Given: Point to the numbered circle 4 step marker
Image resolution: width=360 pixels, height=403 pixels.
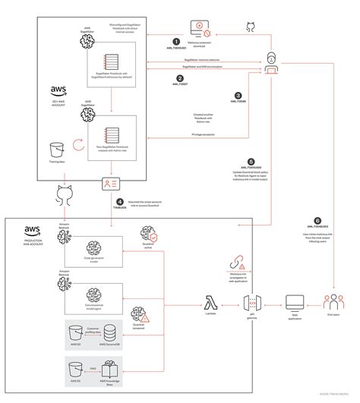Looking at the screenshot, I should click(118, 202).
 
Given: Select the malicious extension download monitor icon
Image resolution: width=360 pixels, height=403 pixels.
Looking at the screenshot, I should click(201, 29).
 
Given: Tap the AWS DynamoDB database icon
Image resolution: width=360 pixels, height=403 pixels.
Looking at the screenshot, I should click(110, 332).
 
